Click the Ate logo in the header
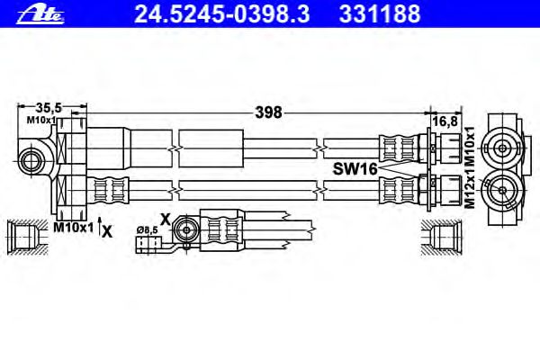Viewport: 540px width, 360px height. pyautogui.click(x=40, y=15)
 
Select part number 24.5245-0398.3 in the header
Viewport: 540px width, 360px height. pyautogui.click(x=221, y=13)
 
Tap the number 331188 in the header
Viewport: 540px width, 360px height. pyautogui.click(x=380, y=13)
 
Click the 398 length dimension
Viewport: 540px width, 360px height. pyautogui.click(x=268, y=112)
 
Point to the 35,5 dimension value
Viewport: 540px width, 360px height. pyautogui.click(x=49, y=108)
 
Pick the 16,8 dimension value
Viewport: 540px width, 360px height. pyautogui.click(x=445, y=121)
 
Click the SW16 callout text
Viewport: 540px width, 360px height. pyautogui.click(x=355, y=169)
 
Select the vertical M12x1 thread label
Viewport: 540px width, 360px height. pyautogui.click(x=470, y=188)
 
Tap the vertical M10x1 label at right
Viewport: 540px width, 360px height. pyautogui.click(x=470, y=147)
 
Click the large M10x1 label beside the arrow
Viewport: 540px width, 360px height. pyautogui.click(x=74, y=227)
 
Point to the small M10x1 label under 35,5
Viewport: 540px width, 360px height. pyautogui.click(x=41, y=121)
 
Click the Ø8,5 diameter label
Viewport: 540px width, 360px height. pyautogui.click(x=148, y=229)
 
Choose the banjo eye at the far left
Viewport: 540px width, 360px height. pyautogui.click(x=31, y=161)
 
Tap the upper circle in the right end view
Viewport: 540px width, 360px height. pyautogui.click(x=502, y=148)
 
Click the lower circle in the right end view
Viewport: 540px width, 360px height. pyautogui.click(x=502, y=190)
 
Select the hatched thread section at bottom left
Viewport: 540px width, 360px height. pyautogui.click(x=27, y=237)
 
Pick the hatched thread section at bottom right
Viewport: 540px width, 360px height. pyautogui.click(x=441, y=238)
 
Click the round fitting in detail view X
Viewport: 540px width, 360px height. pyautogui.click(x=186, y=229)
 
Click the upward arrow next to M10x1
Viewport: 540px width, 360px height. pyautogui.click(x=100, y=226)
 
